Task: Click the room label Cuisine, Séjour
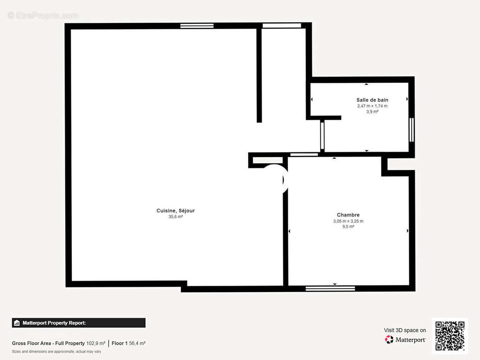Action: pyautogui.click(x=176, y=211)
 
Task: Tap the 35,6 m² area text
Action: pyautogui.click(x=176, y=217)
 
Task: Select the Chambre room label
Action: pyautogui.click(x=348, y=215)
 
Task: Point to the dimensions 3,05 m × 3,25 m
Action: pyautogui.click(x=348, y=221)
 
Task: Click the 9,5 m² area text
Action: pyautogui.click(x=348, y=227)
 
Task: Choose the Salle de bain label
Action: pyautogui.click(x=372, y=100)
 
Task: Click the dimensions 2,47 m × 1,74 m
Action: pyautogui.click(x=372, y=106)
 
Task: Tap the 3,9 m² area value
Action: pyautogui.click(x=372, y=112)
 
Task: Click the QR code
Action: pyautogui.click(x=450, y=336)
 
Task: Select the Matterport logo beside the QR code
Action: pyautogui.click(x=405, y=339)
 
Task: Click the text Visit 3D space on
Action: pyautogui.click(x=405, y=330)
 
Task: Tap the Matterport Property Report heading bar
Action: pyautogui.click(x=79, y=323)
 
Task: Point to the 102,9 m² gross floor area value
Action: pyautogui.click(x=95, y=343)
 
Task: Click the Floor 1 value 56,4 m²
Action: pyautogui.click(x=137, y=343)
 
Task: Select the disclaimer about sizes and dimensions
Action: pyautogui.click(x=57, y=351)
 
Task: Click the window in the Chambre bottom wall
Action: pyautogui.click(x=331, y=288)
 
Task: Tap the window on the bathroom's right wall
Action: pyautogui.click(x=412, y=130)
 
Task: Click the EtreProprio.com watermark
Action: pyautogui.click(x=43, y=15)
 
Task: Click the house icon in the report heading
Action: pyautogui.click(x=17, y=323)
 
